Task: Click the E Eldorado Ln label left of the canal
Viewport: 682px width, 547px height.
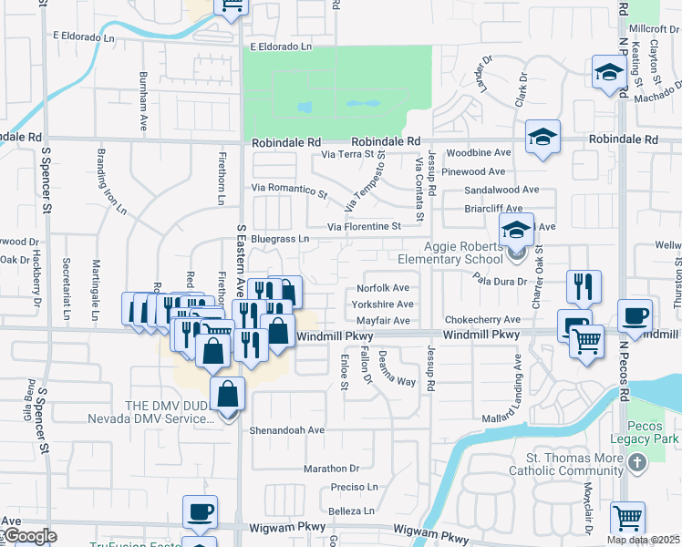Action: click(84, 36)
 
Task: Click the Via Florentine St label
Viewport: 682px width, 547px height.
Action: click(364, 226)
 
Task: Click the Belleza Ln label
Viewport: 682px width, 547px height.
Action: click(351, 511)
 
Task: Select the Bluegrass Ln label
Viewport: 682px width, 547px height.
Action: click(280, 239)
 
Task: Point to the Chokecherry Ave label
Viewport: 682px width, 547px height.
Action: click(482, 320)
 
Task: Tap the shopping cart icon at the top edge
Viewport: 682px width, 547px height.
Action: click(232, 7)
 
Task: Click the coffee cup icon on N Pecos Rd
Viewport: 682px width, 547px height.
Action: click(635, 315)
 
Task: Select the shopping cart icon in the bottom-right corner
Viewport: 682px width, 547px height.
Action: click(627, 518)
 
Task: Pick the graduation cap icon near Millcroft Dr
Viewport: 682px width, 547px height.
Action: click(608, 73)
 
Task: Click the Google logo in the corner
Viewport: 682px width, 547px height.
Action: click(29, 536)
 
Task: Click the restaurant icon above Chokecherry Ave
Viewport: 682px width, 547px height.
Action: click(583, 286)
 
